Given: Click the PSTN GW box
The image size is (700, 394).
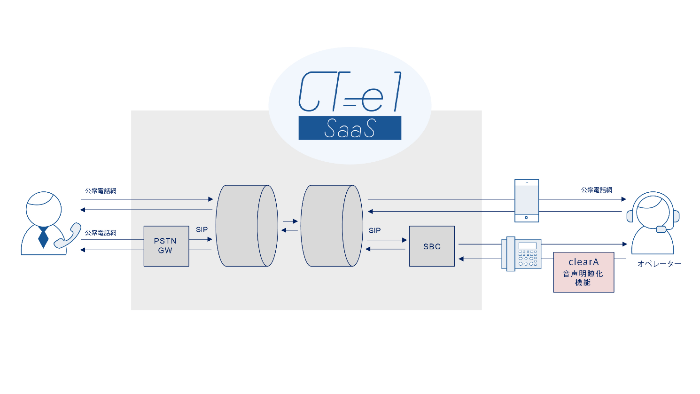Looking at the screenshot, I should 166,246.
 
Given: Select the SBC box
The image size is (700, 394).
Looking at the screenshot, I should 431,246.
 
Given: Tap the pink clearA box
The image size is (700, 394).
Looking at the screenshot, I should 583,272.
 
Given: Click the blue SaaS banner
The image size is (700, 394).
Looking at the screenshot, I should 350,128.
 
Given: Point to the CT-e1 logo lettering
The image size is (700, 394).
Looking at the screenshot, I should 350,92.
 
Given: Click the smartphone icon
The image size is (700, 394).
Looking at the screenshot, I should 526,200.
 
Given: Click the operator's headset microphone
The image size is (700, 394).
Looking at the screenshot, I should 661,229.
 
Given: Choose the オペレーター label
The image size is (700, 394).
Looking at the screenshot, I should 659,264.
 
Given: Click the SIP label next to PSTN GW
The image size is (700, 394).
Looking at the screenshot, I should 202,229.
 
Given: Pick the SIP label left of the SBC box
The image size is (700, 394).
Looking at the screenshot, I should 374,230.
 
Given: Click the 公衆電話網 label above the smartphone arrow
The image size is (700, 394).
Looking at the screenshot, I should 596,190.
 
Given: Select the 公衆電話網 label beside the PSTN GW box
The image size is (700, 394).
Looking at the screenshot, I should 101,233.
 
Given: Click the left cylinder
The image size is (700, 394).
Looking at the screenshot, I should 246,226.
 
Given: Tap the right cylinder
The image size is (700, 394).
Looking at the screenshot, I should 331,226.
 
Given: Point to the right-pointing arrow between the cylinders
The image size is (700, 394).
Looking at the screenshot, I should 290,221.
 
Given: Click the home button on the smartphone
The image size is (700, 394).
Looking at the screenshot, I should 526,217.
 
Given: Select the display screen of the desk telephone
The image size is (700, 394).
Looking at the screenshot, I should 527,245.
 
